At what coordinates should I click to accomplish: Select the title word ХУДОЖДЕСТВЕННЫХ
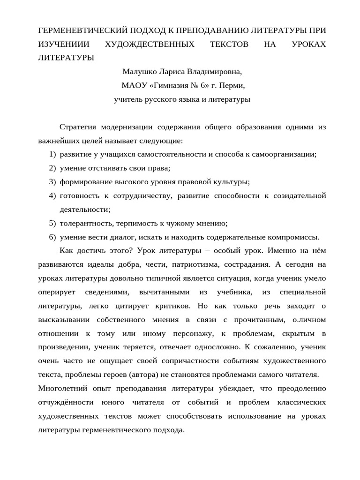tap(143, 44)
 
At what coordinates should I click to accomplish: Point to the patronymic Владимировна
tap(215, 72)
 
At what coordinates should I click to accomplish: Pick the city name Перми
tap(233, 86)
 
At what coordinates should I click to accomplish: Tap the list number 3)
tap(52, 182)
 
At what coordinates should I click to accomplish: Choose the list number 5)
tap(52, 223)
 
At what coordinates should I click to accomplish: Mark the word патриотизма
tap(194, 264)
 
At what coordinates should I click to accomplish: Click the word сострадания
tap(246, 264)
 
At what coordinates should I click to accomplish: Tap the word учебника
tap(232, 292)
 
